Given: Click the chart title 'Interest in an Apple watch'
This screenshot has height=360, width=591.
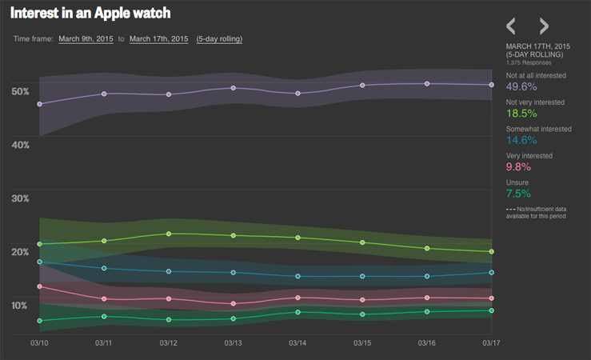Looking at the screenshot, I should click(90, 14).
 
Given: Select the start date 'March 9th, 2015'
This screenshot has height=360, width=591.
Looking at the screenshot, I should click(86, 39).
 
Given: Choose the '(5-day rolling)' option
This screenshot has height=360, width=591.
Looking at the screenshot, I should click(219, 39).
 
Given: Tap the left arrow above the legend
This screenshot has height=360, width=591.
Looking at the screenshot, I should click(512, 26).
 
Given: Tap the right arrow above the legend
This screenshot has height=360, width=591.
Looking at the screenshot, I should click(544, 26).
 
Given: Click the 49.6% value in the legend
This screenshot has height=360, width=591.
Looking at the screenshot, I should click(521, 86).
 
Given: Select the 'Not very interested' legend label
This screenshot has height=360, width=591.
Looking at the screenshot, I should click(535, 102).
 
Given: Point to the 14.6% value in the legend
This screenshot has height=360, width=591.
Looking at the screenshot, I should click(521, 140).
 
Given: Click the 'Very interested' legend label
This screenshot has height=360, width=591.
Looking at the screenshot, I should click(530, 155).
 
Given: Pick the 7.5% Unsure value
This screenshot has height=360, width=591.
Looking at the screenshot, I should click(517, 193).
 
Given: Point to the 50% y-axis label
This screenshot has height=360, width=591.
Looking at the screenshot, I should click(20, 91).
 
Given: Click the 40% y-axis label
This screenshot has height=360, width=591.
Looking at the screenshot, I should click(20, 145).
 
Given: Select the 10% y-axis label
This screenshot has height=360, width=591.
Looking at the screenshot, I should click(20, 306).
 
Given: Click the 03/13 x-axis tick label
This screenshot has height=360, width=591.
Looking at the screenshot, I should click(233, 343).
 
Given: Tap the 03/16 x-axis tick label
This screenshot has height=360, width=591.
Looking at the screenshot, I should click(427, 343).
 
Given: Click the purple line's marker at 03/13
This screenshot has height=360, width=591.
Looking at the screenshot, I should click(233, 88).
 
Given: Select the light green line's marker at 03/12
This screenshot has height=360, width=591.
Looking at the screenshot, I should click(169, 234).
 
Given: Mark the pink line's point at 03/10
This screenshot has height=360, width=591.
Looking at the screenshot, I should click(39, 286).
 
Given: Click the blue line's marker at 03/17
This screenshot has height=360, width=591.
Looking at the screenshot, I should click(491, 273).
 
